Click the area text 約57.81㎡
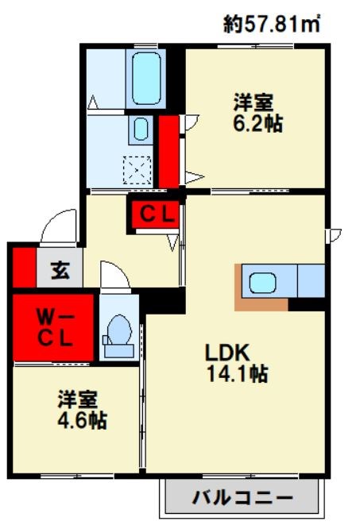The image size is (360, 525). [x=271, y=25]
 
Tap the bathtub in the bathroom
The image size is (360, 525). [x=145, y=79]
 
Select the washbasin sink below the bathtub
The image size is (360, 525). [x=141, y=129]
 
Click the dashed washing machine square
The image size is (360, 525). [x=137, y=170]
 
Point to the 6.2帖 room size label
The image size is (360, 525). [x=257, y=124]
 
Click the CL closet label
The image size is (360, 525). [x=157, y=214]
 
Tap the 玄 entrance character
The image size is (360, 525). [x=60, y=270]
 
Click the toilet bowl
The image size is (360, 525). [x=119, y=330]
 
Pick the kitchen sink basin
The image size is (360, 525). [x=263, y=282]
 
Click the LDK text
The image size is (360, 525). [x=227, y=352]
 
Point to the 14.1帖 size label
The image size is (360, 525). [x=238, y=373]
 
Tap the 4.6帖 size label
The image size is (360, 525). [x=82, y=420]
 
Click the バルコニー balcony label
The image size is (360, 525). [x=242, y=497]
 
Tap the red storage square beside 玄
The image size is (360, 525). [x=25, y=268]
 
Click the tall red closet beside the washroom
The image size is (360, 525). [x=168, y=152]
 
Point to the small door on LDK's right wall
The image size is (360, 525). [x=334, y=235]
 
